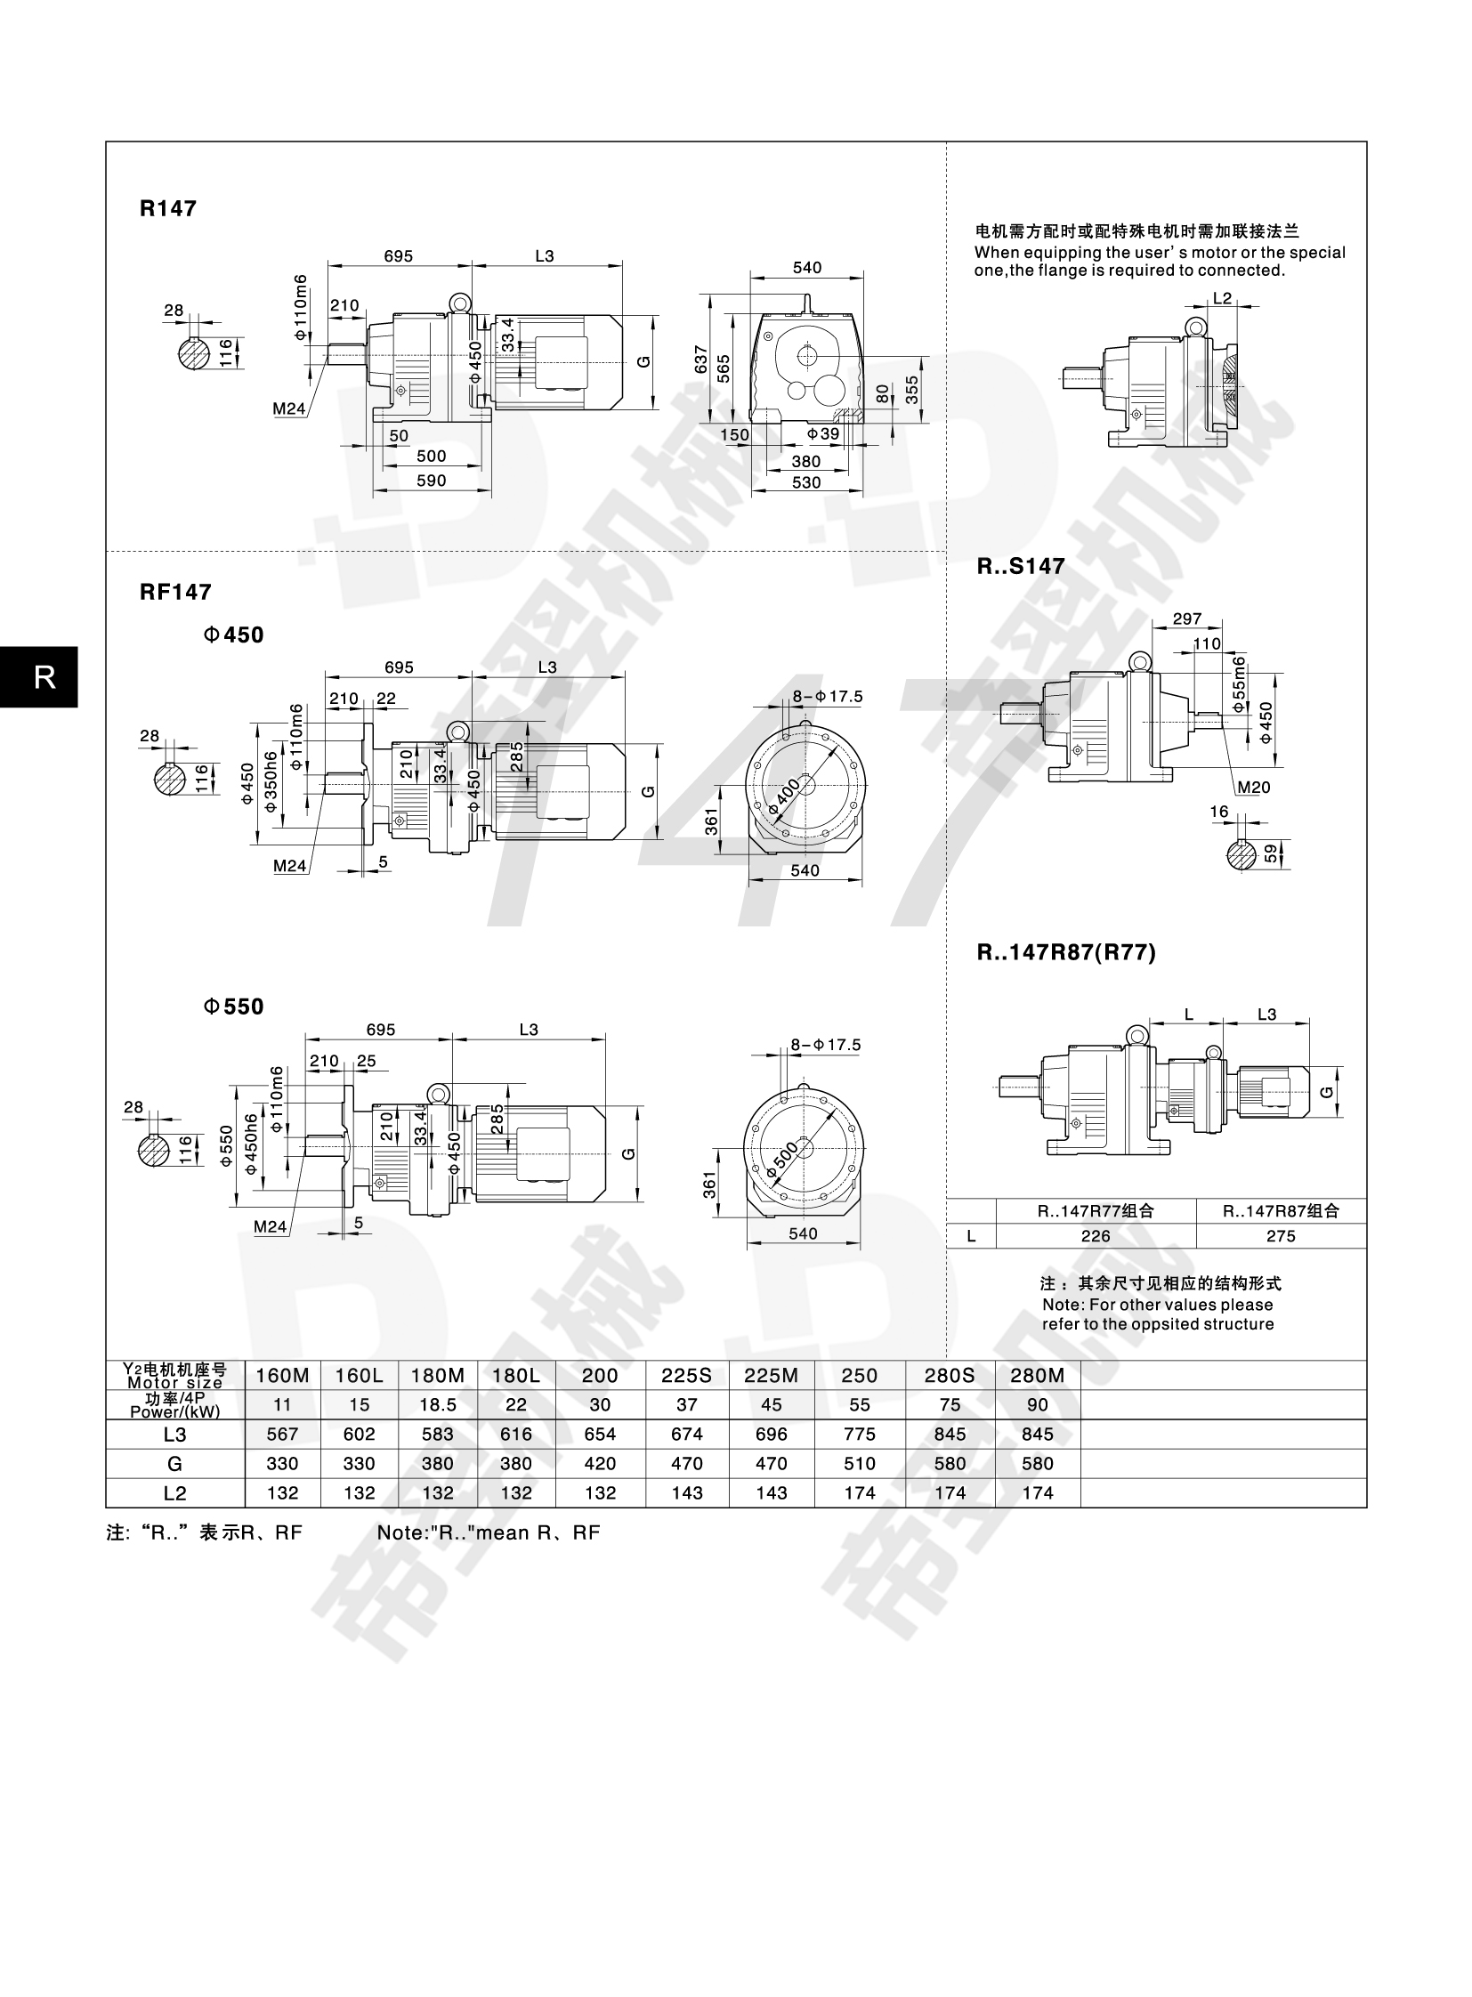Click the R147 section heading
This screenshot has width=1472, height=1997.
[x=167, y=208]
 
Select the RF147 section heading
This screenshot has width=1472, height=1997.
[x=175, y=592]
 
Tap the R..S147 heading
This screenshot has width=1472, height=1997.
[x=1020, y=566]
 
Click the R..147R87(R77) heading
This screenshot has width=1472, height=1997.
[x=1065, y=952]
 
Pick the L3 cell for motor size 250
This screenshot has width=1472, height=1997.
[x=859, y=1434]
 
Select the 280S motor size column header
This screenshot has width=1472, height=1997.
[x=950, y=1375]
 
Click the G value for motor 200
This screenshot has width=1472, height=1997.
[x=600, y=1463]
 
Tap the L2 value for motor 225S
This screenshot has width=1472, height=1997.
[x=686, y=1492]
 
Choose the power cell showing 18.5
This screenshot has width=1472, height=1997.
[x=438, y=1404]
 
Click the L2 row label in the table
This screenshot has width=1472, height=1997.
[x=174, y=1492]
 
